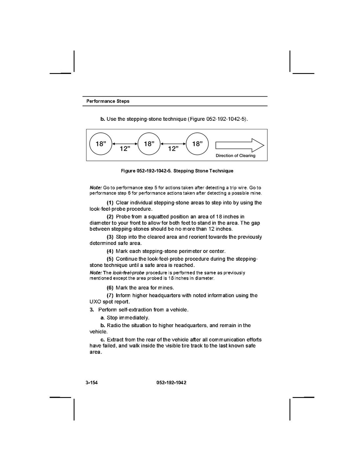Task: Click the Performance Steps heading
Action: click(108, 101)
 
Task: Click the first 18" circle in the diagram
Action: click(101, 144)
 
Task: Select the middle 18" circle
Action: click(149, 144)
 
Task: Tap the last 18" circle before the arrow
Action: click(197, 144)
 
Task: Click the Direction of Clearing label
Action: click(235, 156)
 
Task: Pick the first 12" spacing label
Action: click(125, 149)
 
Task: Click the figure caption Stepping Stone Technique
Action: click(177, 171)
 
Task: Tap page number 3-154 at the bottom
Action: click(91, 383)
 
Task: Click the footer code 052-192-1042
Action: click(169, 383)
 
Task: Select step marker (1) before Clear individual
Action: click(110, 203)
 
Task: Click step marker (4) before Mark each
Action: click(110, 251)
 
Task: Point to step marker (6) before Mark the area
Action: click(110, 288)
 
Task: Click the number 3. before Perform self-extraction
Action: click(92, 310)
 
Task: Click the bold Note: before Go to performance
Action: click(96, 188)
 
